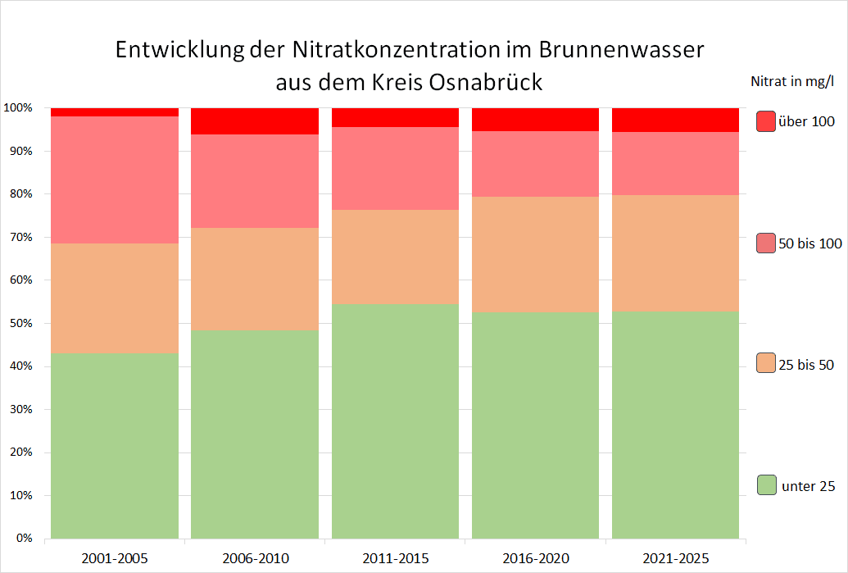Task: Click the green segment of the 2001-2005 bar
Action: click(115, 446)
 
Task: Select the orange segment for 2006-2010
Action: click(255, 279)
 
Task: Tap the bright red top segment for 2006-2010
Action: click(255, 121)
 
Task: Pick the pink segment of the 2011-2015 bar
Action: click(395, 168)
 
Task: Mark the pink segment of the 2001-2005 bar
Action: click(115, 180)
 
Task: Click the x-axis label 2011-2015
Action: click(395, 559)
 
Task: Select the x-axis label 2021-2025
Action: click(675, 559)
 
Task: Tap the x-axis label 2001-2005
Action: click(115, 559)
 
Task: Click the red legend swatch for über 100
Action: click(766, 121)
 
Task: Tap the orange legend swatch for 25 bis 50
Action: click(766, 364)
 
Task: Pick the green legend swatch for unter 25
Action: click(766, 485)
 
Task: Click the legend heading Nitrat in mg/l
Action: click(792, 81)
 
